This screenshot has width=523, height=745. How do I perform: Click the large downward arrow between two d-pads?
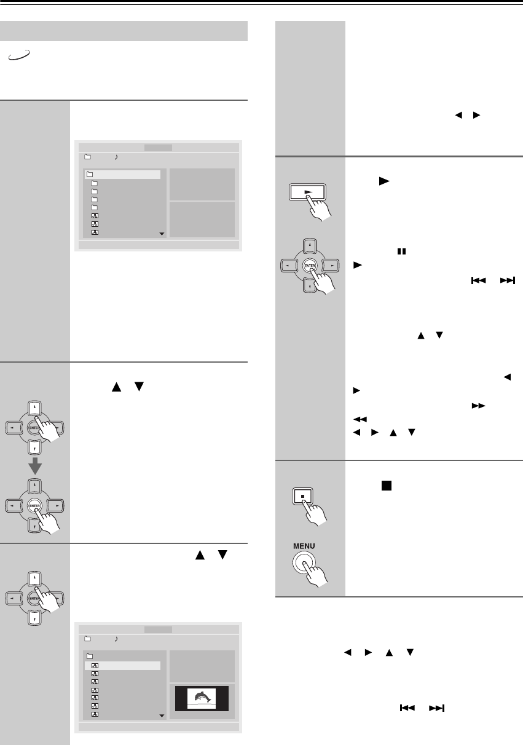click(x=36, y=467)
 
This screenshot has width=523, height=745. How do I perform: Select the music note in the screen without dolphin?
click(x=117, y=157)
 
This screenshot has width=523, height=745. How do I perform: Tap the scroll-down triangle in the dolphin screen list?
click(x=162, y=715)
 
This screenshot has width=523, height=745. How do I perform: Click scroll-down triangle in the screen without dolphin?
click(x=162, y=234)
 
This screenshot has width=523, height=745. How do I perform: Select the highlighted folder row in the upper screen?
click(x=122, y=175)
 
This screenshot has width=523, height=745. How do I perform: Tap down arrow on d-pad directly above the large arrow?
click(x=36, y=446)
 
